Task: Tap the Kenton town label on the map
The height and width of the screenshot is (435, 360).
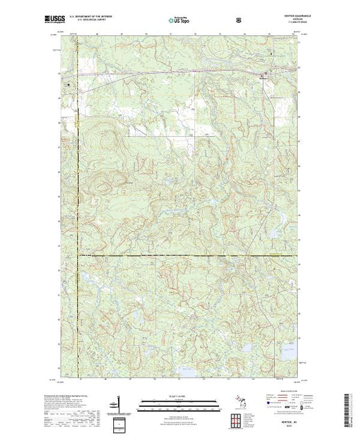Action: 263,78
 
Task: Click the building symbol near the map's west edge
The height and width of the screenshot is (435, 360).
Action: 68,84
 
